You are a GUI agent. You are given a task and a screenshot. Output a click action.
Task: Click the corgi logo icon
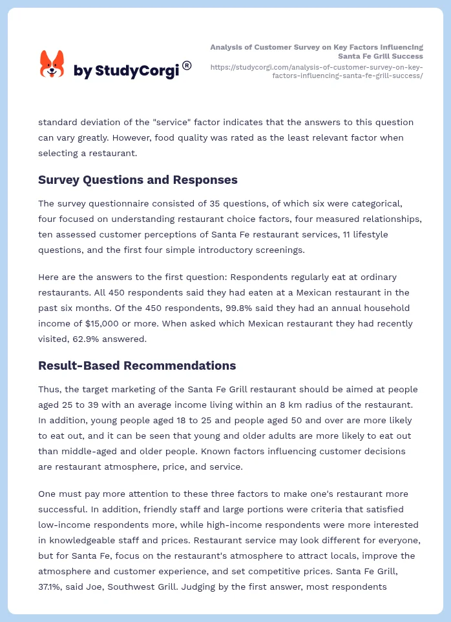click(x=52, y=65)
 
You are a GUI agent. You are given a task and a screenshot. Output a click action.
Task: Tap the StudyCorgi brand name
click(x=126, y=71)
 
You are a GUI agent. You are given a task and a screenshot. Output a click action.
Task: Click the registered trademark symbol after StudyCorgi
click(x=187, y=65)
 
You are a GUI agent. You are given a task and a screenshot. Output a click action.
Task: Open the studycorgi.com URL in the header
click(x=317, y=71)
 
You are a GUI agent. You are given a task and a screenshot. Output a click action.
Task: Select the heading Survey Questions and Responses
click(x=138, y=180)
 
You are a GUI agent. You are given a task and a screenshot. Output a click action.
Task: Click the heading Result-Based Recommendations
click(x=137, y=366)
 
